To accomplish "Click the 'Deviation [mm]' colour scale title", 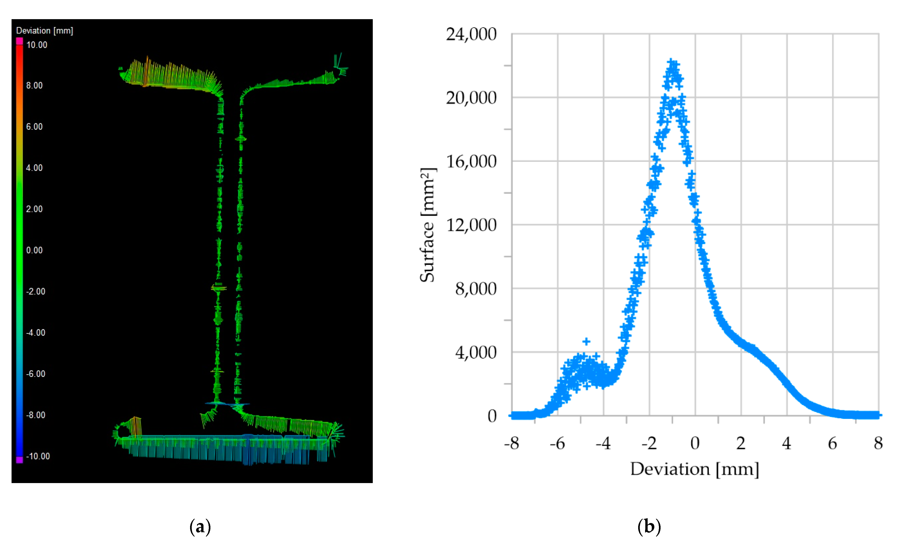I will (x=44, y=31).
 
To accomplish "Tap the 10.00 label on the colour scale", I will (x=36, y=45).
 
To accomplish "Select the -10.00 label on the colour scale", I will (x=38, y=456).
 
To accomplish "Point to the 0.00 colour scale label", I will (x=34, y=250).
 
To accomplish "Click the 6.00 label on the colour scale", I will (x=34, y=127).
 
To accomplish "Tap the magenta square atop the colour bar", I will (x=19, y=41).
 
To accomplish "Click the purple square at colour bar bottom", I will (x=19, y=460).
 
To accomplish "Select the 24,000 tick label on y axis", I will (x=471, y=34).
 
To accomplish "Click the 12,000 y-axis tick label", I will (x=471, y=225).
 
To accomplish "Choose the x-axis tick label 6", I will (x=833, y=444).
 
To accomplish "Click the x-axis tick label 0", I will (x=695, y=444).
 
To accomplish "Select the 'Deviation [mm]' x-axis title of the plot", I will (x=694, y=469).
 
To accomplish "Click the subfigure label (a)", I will (x=200, y=527).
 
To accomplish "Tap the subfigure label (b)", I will (x=649, y=527).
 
